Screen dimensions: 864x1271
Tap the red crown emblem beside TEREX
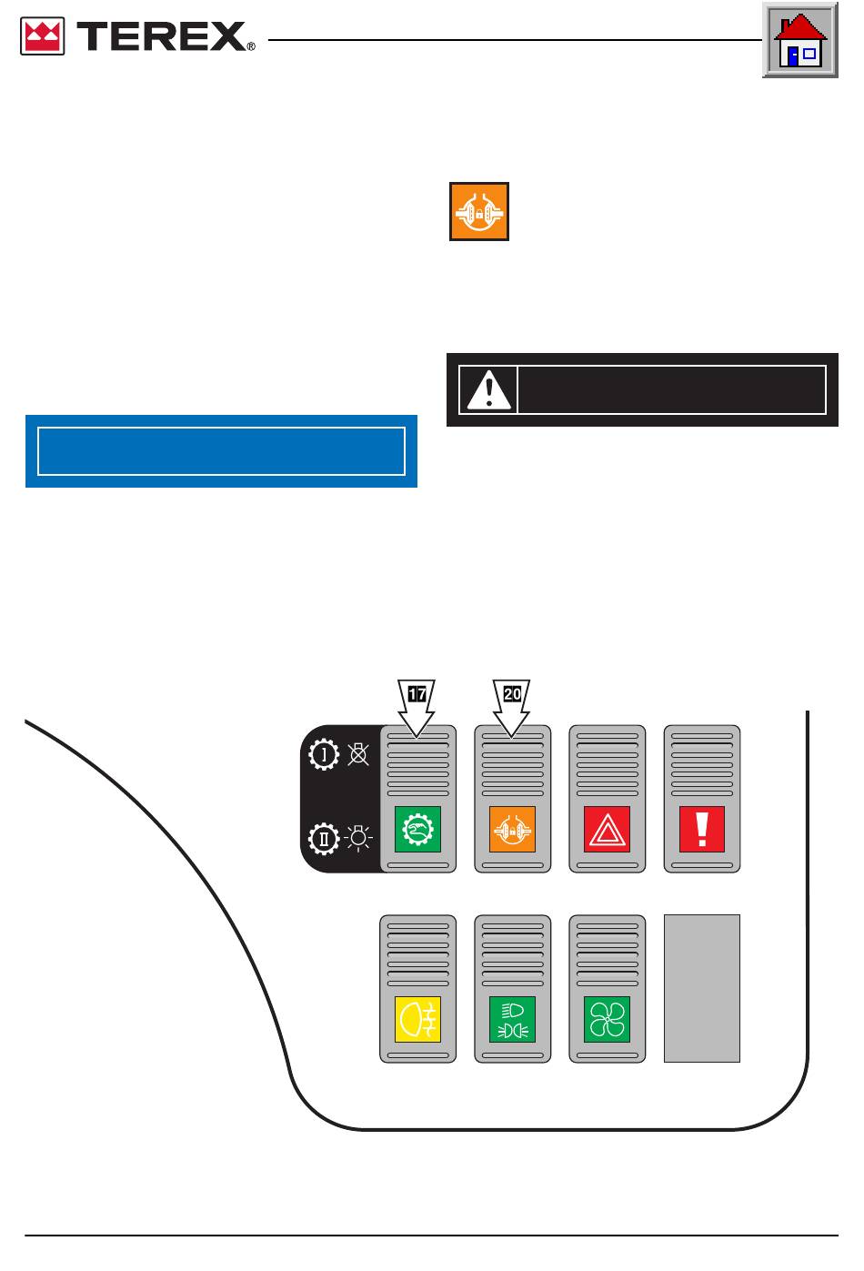(43, 35)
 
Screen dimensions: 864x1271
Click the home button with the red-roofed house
(800, 40)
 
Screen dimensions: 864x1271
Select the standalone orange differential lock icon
(478, 211)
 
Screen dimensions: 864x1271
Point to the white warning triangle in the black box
(488, 389)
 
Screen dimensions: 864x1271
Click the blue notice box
(221, 451)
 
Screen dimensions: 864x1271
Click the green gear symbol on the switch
(417, 829)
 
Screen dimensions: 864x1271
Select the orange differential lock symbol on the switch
(512, 829)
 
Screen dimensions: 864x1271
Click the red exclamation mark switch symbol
(702, 829)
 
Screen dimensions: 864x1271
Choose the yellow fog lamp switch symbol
(417, 1019)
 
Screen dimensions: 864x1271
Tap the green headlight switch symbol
(512, 1019)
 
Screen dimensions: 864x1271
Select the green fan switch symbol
(607, 1019)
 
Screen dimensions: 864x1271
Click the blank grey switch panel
(702, 988)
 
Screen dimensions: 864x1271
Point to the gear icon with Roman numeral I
(324, 754)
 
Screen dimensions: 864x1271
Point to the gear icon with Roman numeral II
(324, 838)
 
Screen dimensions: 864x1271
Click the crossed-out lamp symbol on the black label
(358, 754)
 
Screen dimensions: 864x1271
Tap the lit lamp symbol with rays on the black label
(358, 838)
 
